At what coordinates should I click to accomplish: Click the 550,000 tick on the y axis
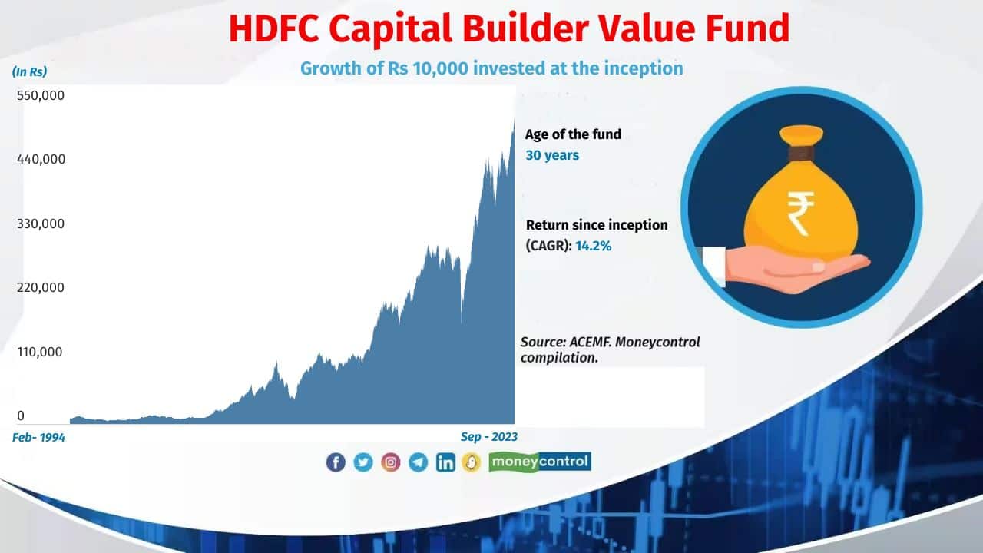pyautogui.click(x=41, y=96)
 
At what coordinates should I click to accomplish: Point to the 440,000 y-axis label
pyautogui.click(x=41, y=159)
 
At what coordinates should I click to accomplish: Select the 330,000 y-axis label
pyautogui.click(x=41, y=224)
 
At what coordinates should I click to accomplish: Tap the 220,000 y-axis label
pyautogui.click(x=41, y=287)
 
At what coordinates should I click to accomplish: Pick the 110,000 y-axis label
pyautogui.click(x=41, y=352)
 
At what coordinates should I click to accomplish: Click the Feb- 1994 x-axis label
pyautogui.click(x=38, y=437)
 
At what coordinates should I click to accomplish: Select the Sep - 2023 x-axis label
pyautogui.click(x=488, y=436)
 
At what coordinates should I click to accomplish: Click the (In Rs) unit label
pyautogui.click(x=30, y=71)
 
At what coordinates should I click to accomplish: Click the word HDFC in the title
pyautogui.click(x=279, y=28)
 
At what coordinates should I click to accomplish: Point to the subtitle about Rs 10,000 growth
pyautogui.click(x=491, y=68)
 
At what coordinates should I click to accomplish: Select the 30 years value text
pyautogui.click(x=551, y=155)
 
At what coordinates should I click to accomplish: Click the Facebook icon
pyautogui.click(x=336, y=462)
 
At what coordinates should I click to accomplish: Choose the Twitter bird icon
pyautogui.click(x=363, y=462)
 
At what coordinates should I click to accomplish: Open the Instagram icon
pyautogui.click(x=391, y=462)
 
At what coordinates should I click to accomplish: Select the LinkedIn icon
pyautogui.click(x=445, y=462)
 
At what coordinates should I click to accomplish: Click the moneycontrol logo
pyautogui.click(x=539, y=462)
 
